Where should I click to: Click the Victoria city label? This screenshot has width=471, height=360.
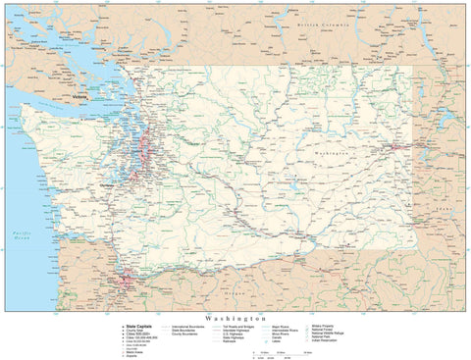pos(79,98)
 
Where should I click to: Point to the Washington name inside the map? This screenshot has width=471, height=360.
pos(337,154)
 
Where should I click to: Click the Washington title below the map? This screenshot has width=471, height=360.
pos(235,319)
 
